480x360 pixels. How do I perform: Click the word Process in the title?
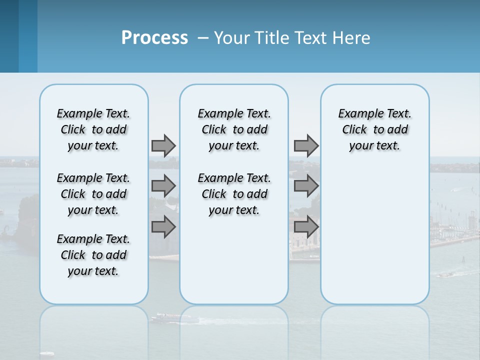pos(154,38)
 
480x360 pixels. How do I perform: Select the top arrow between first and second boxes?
pos(163,145)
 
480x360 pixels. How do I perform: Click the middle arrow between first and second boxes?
pos(163,186)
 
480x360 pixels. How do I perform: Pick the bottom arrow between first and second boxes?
pos(163,226)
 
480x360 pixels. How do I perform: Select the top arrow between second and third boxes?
pos(306,145)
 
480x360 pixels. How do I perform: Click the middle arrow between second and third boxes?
pos(306,186)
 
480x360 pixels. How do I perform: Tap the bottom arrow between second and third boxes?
pos(306,226)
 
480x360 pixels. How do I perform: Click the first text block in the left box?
pos(93,129)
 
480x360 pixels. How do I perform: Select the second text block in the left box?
pos(93,194)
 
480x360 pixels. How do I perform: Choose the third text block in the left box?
pos(93,255)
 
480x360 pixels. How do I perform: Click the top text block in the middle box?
pos(234,129)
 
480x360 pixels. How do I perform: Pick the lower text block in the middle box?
pos(234,194)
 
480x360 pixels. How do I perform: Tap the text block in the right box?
pos(374,129)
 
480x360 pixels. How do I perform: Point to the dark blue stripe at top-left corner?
pos(9,36)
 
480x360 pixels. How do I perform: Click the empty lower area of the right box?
pos(374,235)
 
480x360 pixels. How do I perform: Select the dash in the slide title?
pos(203,38)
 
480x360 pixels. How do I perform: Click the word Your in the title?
pos(232,38)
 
